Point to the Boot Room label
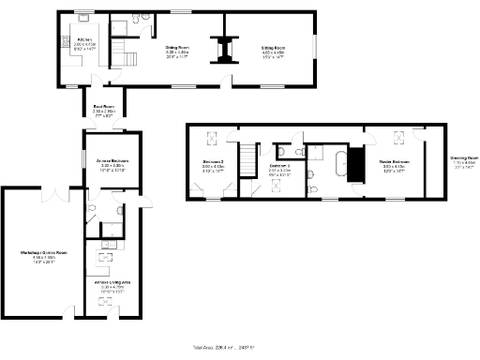[x=97, y=108]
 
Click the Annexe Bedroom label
[x=112, y=165]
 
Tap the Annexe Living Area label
[x=112, y=284]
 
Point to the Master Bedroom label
[x=395, y=165]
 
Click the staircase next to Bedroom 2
[x=247, y=158]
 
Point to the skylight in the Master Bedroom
[x=397, y=139]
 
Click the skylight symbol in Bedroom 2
[x=209, y=139]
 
